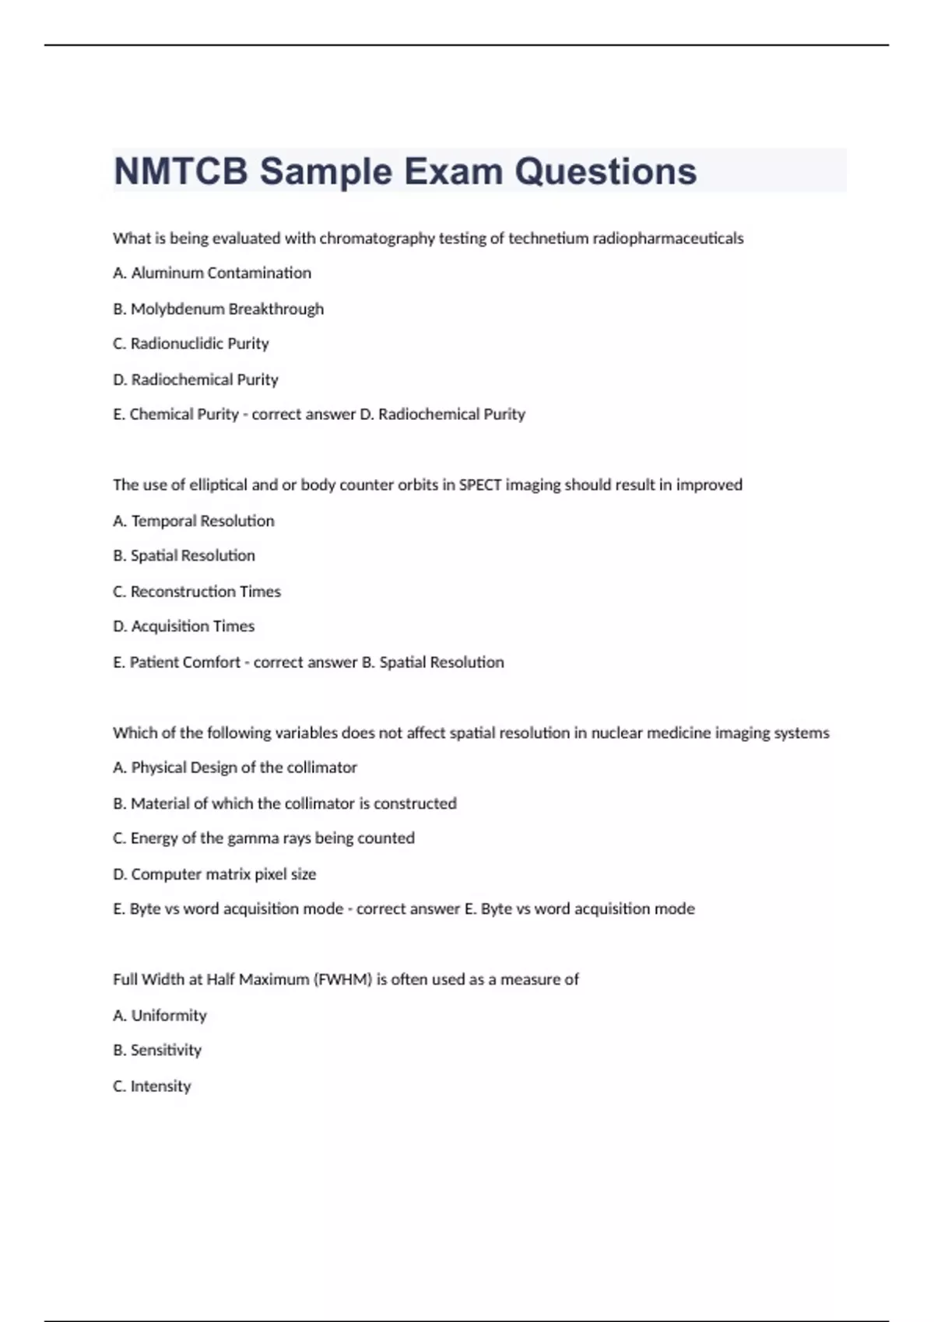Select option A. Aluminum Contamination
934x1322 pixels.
212,273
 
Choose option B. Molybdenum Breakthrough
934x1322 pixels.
218,309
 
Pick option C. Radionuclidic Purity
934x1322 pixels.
191,344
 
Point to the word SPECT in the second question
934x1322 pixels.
480,485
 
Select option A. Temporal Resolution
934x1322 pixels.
194,521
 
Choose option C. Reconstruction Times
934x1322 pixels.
197,592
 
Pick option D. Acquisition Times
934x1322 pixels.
184,626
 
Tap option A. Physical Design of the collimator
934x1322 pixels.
235,768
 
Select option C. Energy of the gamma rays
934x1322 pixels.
264,838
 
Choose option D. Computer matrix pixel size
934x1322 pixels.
215,874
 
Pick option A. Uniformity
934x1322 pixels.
160,1016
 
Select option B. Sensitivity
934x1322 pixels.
157,1051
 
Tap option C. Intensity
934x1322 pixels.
152,1086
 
